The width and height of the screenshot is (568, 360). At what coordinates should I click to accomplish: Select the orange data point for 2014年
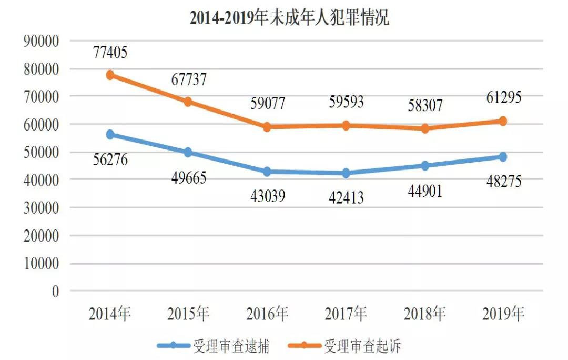[x=110, y=75]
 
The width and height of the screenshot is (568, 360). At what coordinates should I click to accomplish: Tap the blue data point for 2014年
[x=110, y=135]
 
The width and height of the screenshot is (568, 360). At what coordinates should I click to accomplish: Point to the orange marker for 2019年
[x=503, y=121]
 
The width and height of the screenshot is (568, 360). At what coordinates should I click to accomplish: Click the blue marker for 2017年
[x=346, y=173]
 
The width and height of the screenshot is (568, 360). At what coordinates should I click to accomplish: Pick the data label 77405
[x=110, y=52]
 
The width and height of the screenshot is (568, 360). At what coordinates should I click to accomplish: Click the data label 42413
[x=346, y=198]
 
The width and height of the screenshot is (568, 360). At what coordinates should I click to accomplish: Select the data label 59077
[x=267, y=103]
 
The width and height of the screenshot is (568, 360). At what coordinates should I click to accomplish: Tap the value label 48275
[x=503, y=182]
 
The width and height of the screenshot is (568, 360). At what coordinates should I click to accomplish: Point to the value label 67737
[x=189, y=79]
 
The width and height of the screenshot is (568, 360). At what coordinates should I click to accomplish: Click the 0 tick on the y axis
[x=55, y=292]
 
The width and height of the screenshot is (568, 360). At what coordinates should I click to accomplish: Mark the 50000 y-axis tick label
[x=40, y=153]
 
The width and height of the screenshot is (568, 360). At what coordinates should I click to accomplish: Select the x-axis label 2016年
[x=267, y=314]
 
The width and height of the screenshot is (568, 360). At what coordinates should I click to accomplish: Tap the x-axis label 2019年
[x=503, y=314]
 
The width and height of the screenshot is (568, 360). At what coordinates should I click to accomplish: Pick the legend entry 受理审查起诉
[x=363, y=346]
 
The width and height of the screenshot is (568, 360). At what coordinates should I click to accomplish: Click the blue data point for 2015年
[x=189, y=153]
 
